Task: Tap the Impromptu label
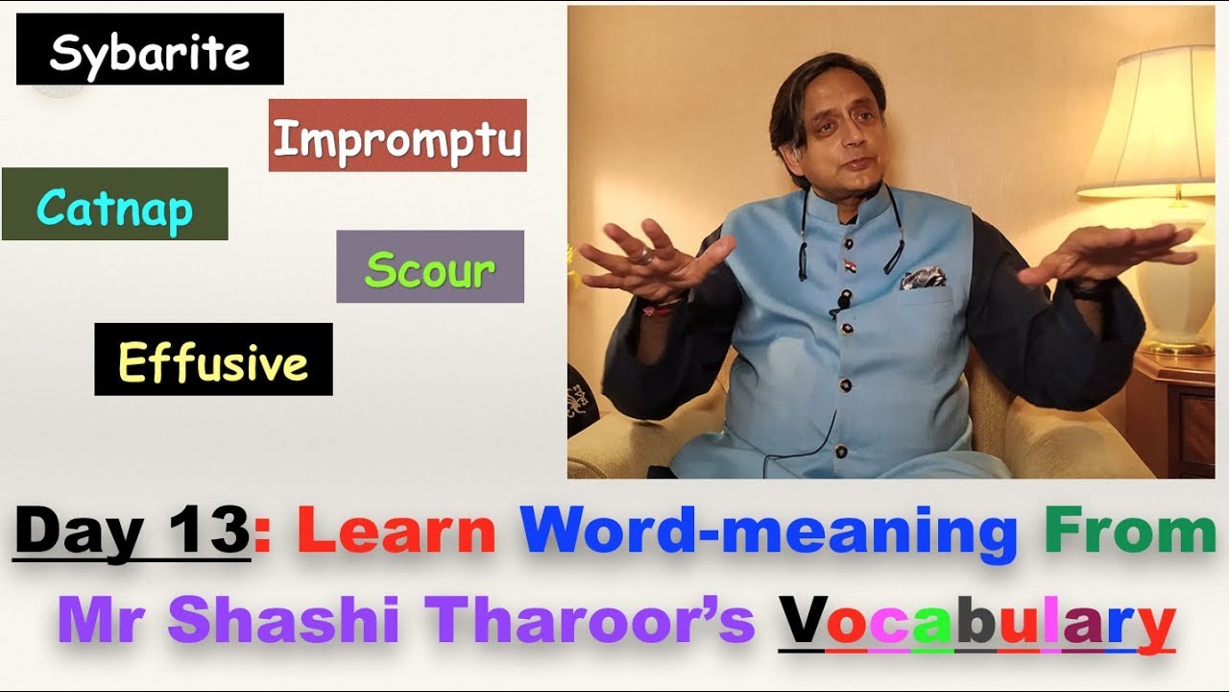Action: click(398, 139)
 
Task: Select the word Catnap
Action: click(114, 207)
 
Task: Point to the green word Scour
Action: click(429, 270)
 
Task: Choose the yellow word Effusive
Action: click(213, 362)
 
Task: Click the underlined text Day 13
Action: click(133, 532)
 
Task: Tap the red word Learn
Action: click(397, 532)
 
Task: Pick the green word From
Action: click(1130, 532)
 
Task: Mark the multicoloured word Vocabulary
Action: click(976, 620)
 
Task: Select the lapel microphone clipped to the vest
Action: click(843, 305)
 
